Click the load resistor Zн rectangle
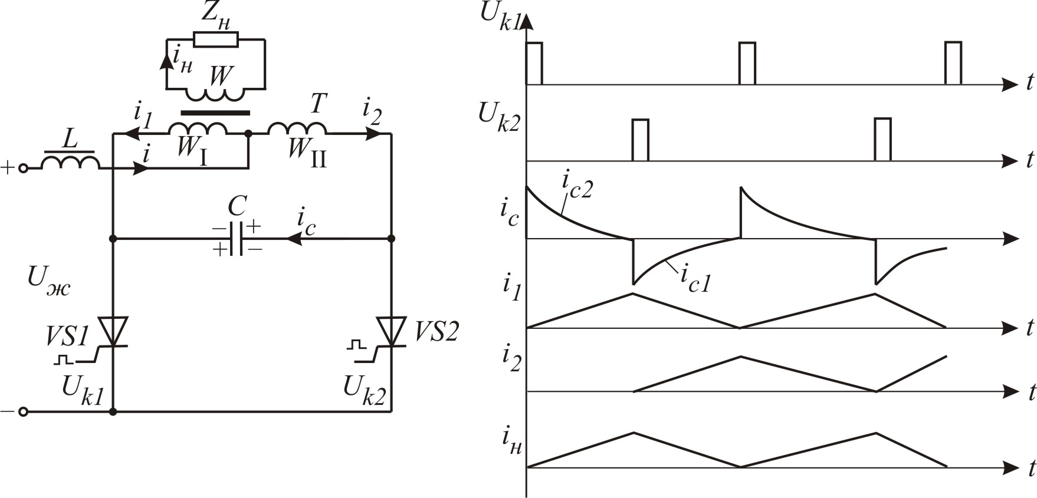tap(216, 39)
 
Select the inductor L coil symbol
tap(70, 161)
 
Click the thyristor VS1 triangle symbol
tap(113, 330)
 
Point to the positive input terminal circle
tap(24, 169)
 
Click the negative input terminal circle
tap(24, 412)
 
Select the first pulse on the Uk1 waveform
tap(534, 63)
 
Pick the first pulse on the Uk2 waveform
tap(640, 140)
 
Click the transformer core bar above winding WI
tap(215, 113)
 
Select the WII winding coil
tap(298, 129)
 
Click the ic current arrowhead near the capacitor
tap(293, 239)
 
